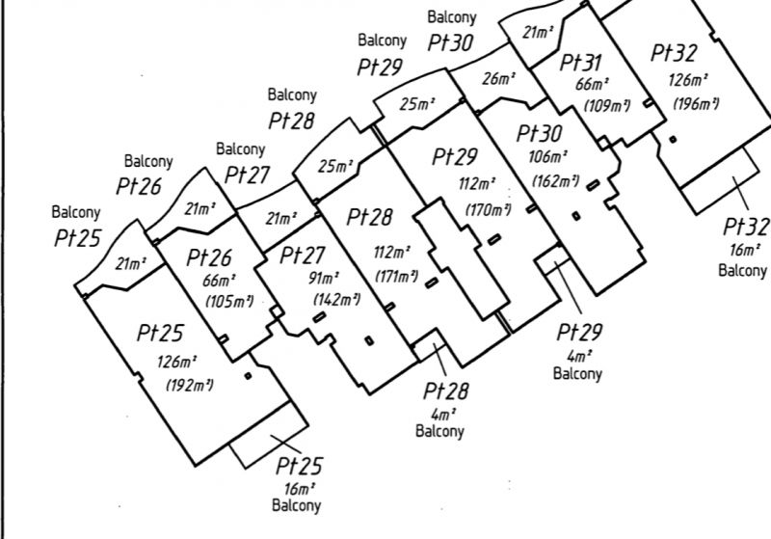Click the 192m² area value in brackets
click(x=190, y=385)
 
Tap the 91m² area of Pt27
click(x=324, y=279)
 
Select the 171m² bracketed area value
click(x=396, y=276)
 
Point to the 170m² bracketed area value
click(x=489, y=210)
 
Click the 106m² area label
click(x=547, y=157)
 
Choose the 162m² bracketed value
click(x=556, y=181)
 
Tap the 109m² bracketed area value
click(x=607, y=105)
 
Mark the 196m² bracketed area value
click(x=696, y=104)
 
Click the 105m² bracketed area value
click(x=229, y=301)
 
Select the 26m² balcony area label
click(x=498, y=79)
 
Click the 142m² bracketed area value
click(x=336, y=299)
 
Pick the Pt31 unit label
click(x=581, y=63)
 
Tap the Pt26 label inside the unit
click(x=209, y=257)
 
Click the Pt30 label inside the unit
click(x=540, y=133)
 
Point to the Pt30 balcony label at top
click(x=450, y=42)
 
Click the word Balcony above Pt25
click(x=76, y=212)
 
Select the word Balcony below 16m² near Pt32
click(x=742, y=271)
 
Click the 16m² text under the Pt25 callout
click(x=299, y=489)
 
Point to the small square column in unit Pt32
click(x=673, y=139)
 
